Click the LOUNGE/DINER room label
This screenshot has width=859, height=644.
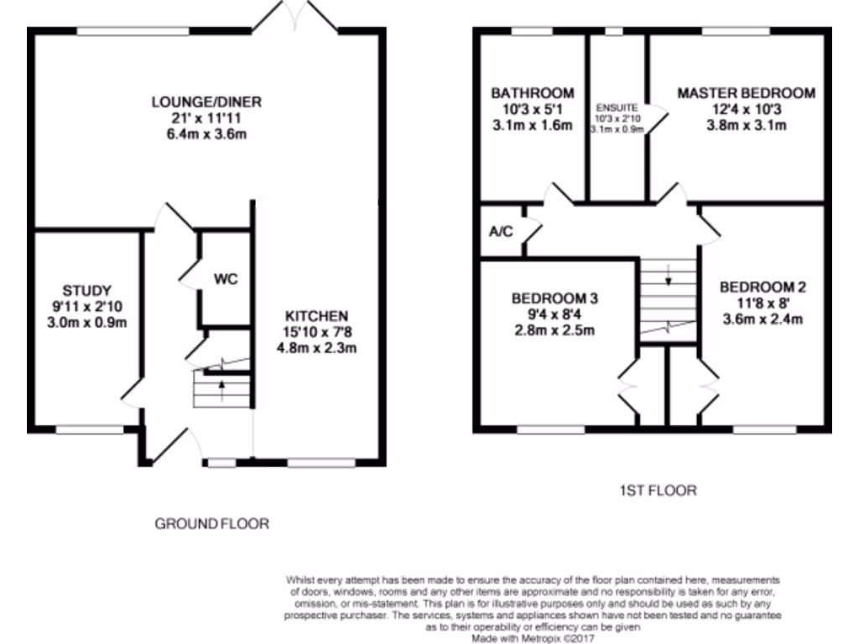click(x=206, y=102)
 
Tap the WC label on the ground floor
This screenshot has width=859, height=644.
click(x=226, y=279)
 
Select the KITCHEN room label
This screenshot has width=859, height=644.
click(x=316, y=316)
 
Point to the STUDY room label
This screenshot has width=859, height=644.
click(x=87, y=291)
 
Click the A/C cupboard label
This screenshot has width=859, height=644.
click(x=501, y=231)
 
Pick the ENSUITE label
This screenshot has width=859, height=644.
click(x=617, y=108)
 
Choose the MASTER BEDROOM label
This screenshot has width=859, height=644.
click(x=746, y=93)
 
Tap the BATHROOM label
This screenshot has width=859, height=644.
click(x=533, y=93)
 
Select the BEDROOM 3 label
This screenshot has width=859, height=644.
click(x=554, y=299)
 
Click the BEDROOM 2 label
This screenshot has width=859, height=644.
click(x=763, y=287)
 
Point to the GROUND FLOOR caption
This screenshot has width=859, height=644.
click(x=212, y=524)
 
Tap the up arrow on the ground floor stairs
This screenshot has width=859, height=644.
click(x=222, y=385)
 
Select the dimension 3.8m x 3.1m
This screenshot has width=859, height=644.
click(x=746, y=126)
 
